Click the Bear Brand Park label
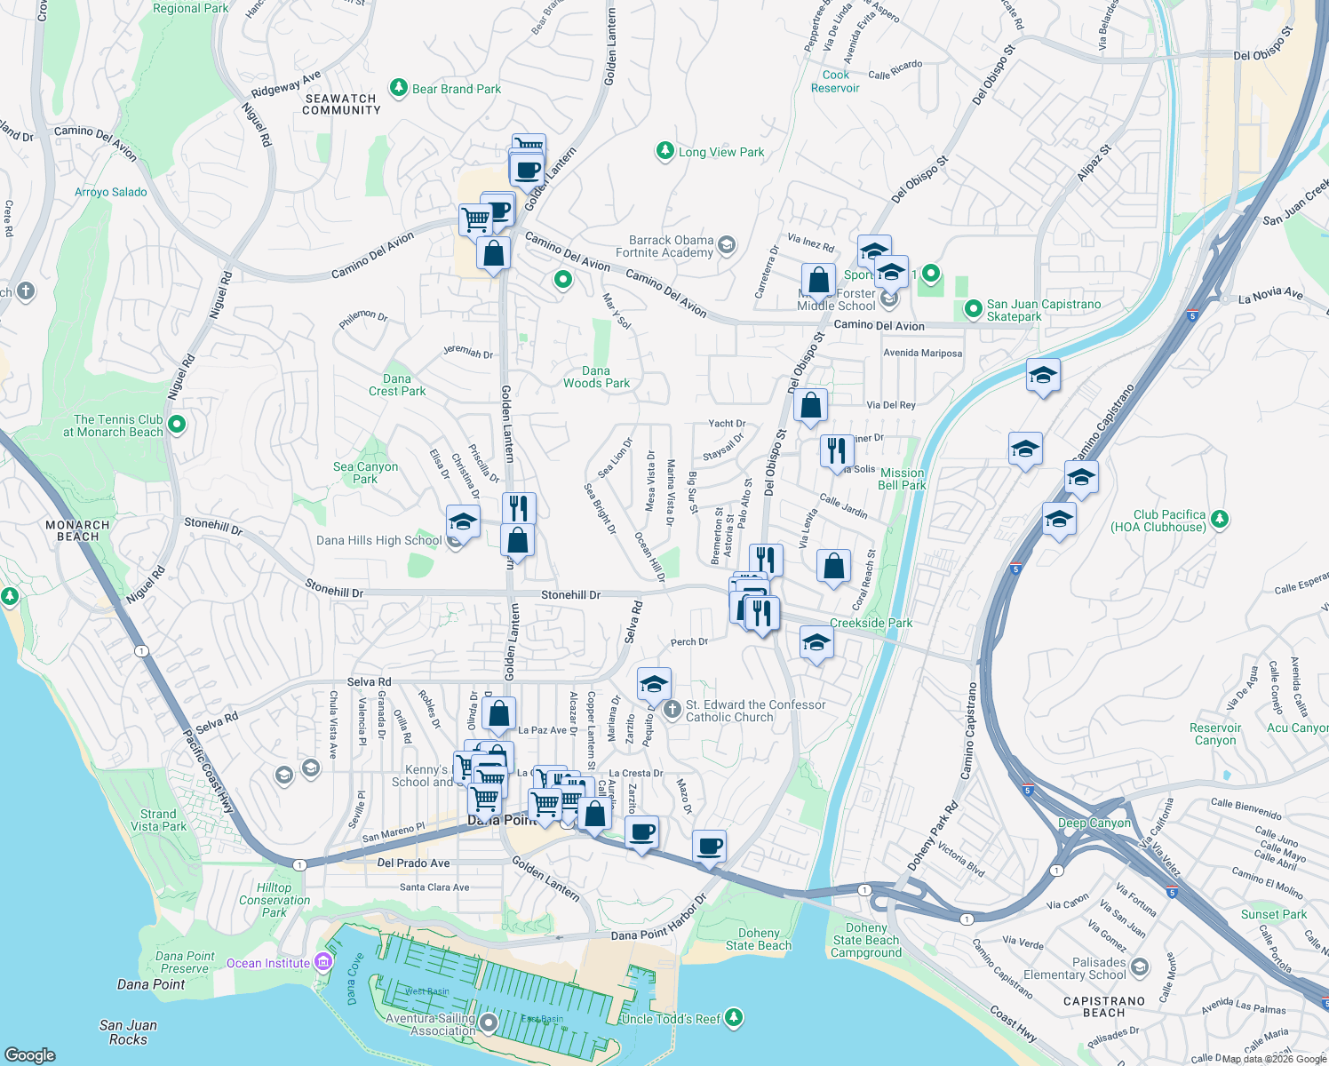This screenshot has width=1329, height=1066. pyautogui.click(x=457, y=89)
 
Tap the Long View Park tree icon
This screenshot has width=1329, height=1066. pyautogui.click(x=664, y=151)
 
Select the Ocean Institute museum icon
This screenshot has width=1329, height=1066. pyautogui.click(x=323, y=963)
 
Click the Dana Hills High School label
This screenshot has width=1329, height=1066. pyautogui.click(x=379, y=540)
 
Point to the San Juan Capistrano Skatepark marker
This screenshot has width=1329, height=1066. pyautogui.click(x=973, y=309)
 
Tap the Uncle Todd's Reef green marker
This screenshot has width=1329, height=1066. pyautogui.click(x=733, y=1017)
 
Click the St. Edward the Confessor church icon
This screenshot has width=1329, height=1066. pyautogui.click(x=672, y=709)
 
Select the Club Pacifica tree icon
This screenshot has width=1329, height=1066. pyautogui.click(x=1220, y=519)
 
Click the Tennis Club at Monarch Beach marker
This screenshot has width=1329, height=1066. pyautogui.click(x=177, y=425)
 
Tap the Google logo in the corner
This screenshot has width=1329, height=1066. pyautogui.click(x=29, y=1054)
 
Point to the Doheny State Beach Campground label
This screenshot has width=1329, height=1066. pyautogui.click(x=866, y=940)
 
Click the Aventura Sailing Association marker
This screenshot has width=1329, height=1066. pyautogui.click(x=489, y=1024)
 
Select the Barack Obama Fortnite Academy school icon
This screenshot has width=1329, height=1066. pyautogui.click(x=727, y=244)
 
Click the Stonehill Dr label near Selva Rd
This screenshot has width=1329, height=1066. pyautogui.click(x=570, y=594)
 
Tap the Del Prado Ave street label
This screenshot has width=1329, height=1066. pyautogui.click(x=413, y=863)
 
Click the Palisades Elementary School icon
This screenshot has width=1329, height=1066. pyautogui.click(x=1140, y=967)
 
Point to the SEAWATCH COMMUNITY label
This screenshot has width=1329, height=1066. pyautogui.click(x=341, y=105)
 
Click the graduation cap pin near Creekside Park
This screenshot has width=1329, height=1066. pyautogui.click(x=816, y=642)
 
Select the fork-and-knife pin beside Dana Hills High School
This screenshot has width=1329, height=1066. pyautogui.click(x=519, y=509)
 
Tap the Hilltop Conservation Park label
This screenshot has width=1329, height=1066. pyautogui.click(x=275, y=900)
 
